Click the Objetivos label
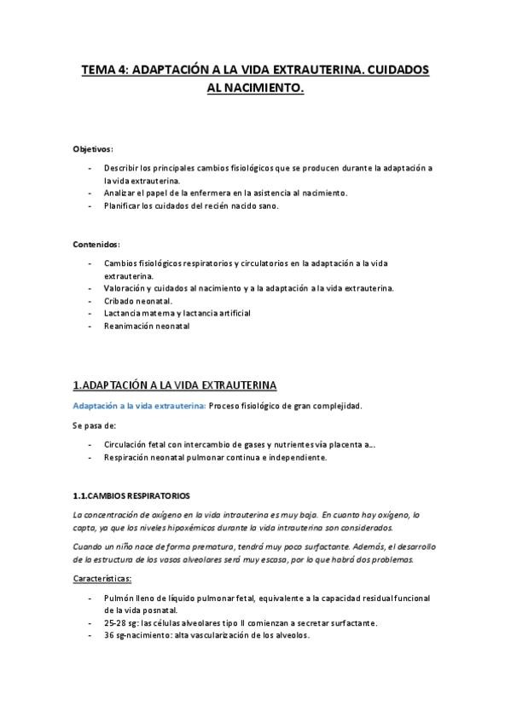(x=93, y=149)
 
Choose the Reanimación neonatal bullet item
(x=147, y=326)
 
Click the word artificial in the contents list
(x=229, y=313)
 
